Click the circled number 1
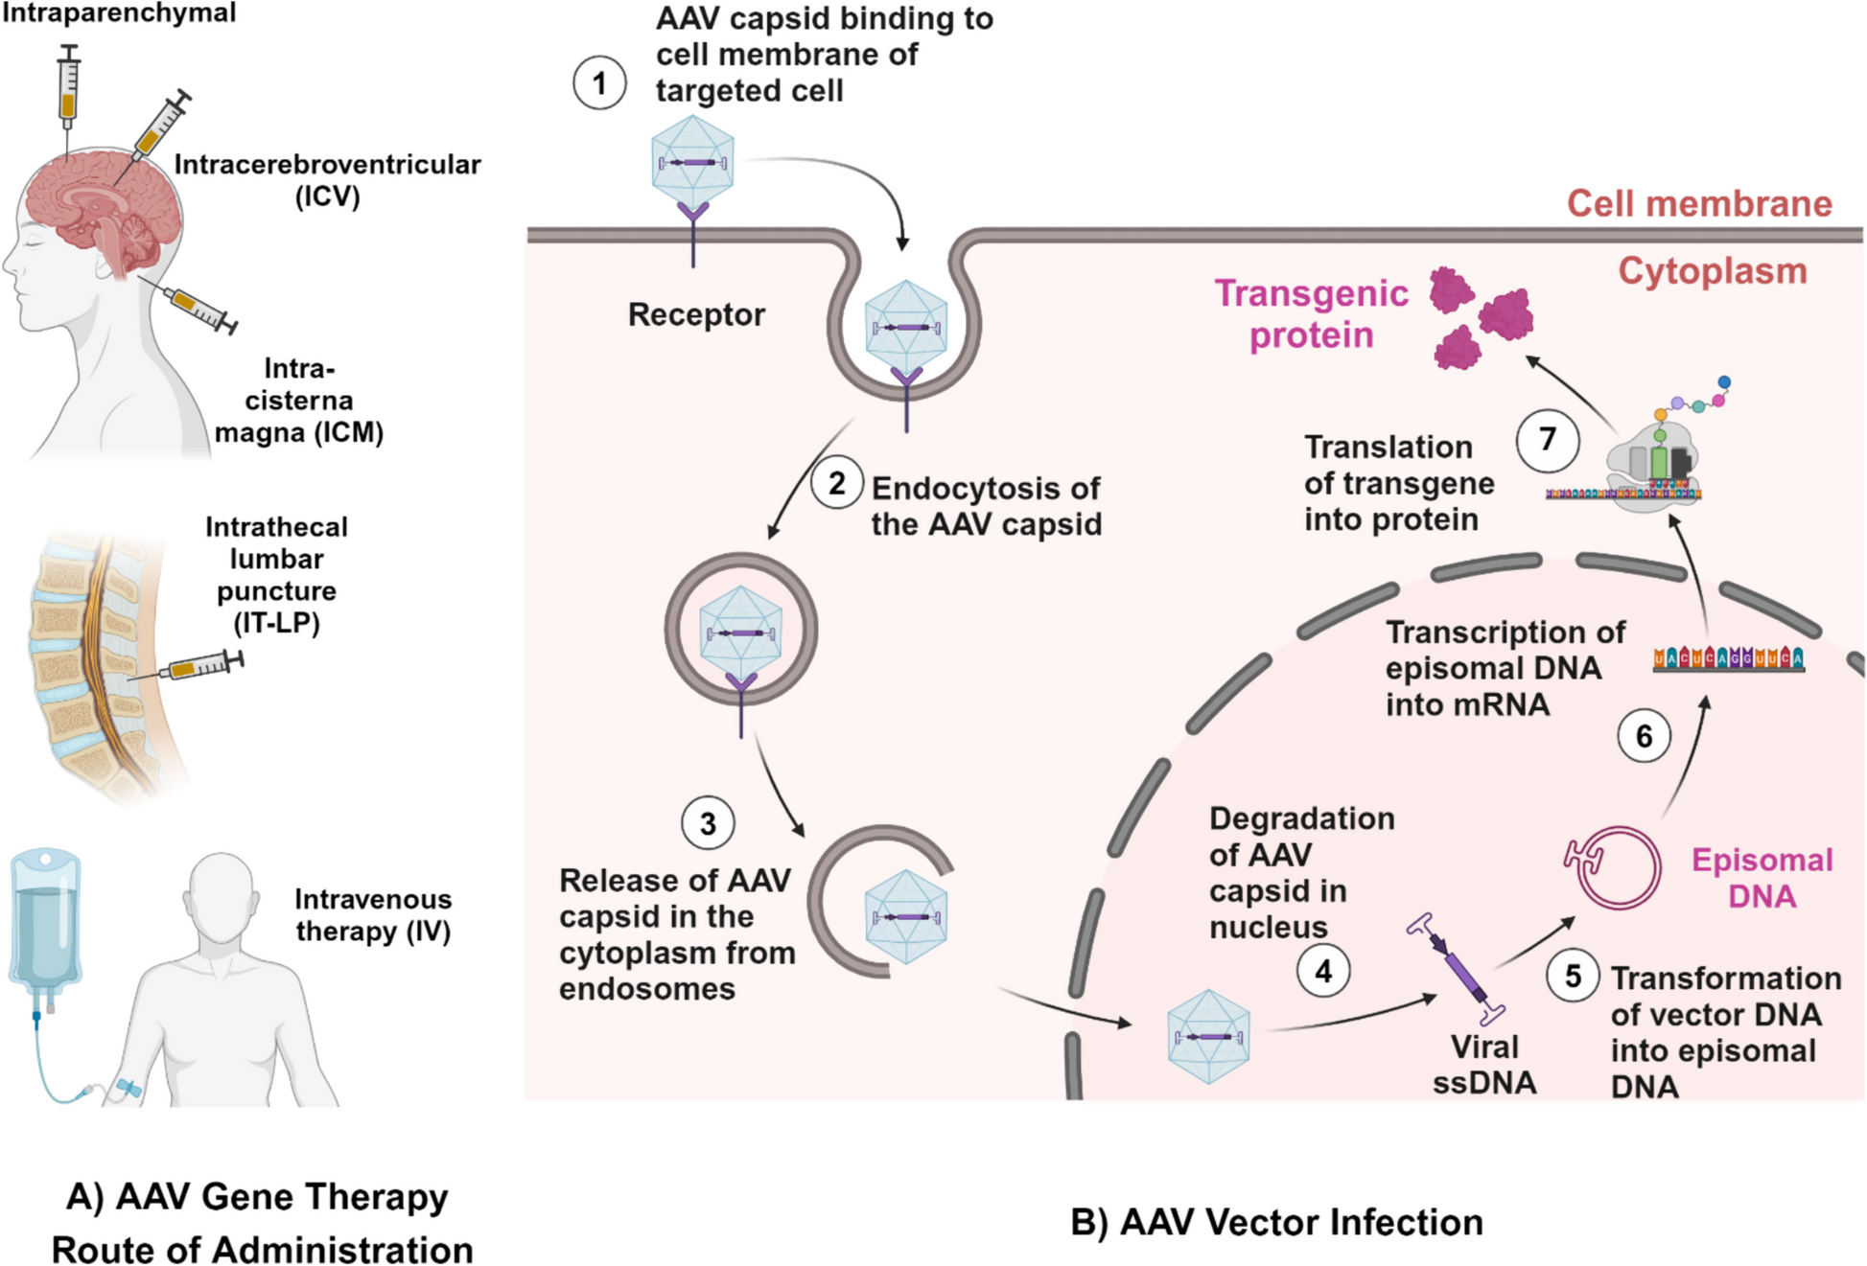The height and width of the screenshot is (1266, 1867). pyautogui.click(x=599, y=83)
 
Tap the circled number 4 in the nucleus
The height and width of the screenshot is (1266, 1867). pyautogui.click(x=1323, y=971)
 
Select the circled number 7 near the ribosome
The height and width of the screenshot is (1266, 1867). pyautogui.click(x=1548, y=440)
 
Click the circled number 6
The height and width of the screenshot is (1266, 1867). pyautogui.click(x=1644, y=736)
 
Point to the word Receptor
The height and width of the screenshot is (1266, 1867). pyautogui.click(x=696, y=314)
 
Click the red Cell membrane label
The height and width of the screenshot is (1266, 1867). pyautogui.click(x=1699, y=203)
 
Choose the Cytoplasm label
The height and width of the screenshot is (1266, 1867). pyautogui.click(x=1713, y=271)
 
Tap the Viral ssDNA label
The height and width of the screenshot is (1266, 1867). pyautogui.click(x=1484, y=1065)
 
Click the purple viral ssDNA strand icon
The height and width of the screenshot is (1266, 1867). pyautogui.click(x=1459, y=968)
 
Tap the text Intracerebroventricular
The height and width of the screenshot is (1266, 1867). pyautogui.click(x=327, y=165)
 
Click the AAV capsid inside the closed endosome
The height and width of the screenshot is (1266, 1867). pyautogui.click(x=741, y=628)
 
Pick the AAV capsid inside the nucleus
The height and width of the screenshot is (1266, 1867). pyautogui.click(x=1208, y=1037)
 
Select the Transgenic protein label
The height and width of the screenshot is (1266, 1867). pyautogui.click(x=1311, y=313)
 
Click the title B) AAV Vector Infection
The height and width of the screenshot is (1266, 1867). pyautogui.click(x=1276, y=1222)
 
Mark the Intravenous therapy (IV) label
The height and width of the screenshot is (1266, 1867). pyautogui.click(x=373, y=915)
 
